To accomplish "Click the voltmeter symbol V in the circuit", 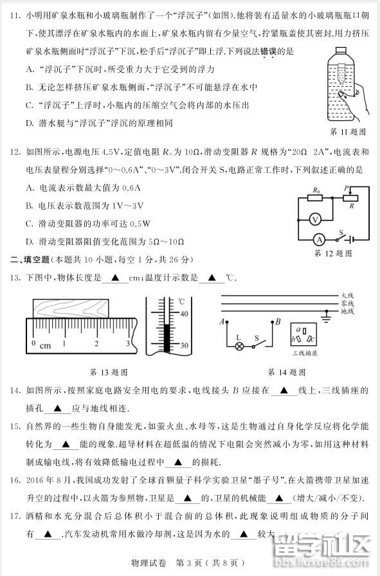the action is pyautogui.click(x=315, y=219).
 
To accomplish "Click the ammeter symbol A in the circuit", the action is pyautogui.click(x=317, y=238).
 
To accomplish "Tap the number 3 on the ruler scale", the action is pyautogui.click(x=127, y=344).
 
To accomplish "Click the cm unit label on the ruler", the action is pyautogui.click(x=45, y=346).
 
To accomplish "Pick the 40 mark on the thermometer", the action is pyautogui.click(x=183, y=314).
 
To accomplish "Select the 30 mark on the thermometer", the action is pyautogui.click(x=183, y=345).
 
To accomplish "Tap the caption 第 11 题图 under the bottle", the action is pyautogui.click(x=347, y=132).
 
